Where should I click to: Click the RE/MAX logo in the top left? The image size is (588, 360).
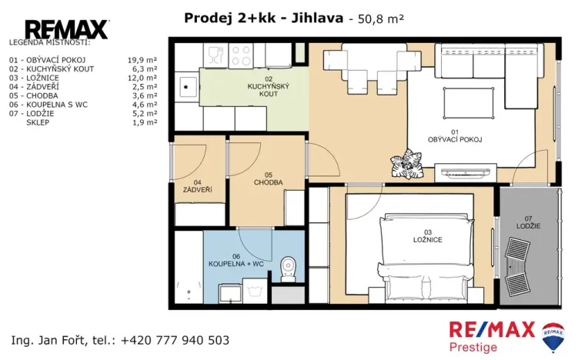point(67,29)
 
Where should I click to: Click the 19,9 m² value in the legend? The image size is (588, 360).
point(142,59)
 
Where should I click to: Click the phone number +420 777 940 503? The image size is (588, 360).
point(175,340)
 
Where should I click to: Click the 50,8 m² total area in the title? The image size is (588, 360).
point(378,18)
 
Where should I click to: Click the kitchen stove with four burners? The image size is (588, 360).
point(241,55)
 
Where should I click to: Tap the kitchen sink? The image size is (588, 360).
point(185,88)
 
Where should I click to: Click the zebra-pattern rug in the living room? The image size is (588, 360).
point(406,164)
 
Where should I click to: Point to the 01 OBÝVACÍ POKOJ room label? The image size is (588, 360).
point(454,135)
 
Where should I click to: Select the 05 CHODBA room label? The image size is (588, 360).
point(269,178)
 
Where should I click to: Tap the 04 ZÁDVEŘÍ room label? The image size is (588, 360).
point(197,185)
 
